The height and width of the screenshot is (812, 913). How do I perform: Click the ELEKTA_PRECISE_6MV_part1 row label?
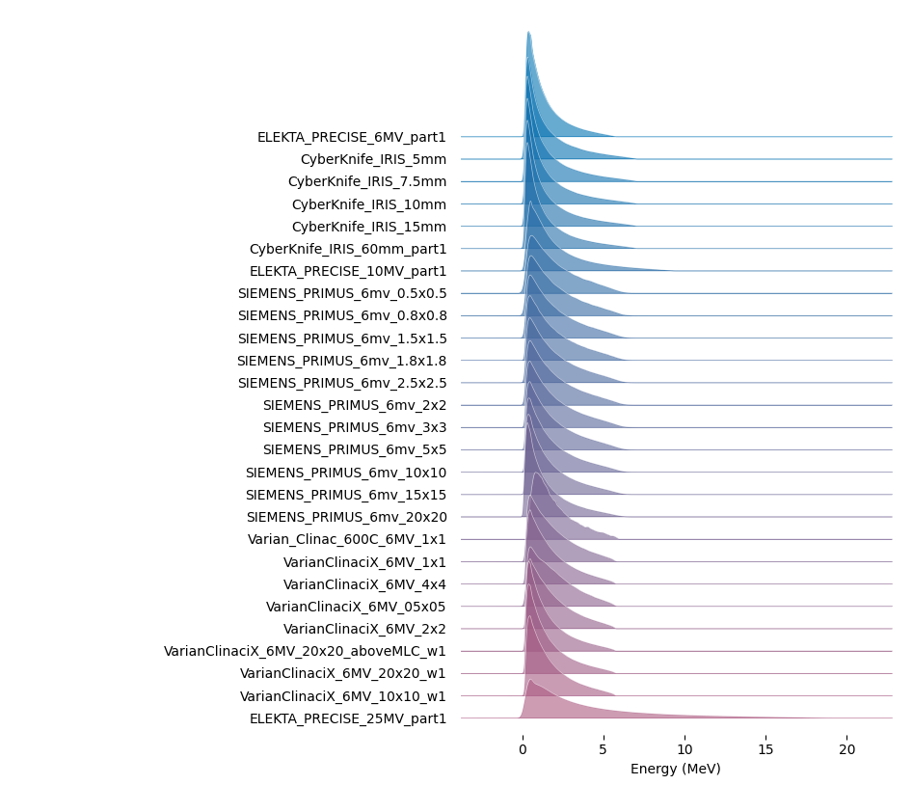pos(351,138)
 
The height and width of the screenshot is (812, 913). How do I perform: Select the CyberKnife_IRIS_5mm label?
pos(373,160)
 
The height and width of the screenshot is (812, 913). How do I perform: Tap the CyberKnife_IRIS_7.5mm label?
pos(366,181)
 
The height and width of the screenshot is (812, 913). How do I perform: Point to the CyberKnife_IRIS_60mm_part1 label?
pos(348,250)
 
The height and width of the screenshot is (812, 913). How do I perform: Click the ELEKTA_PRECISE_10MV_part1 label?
pos(348,271)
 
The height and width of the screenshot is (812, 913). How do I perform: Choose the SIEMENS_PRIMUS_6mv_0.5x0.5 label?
pos(342,293)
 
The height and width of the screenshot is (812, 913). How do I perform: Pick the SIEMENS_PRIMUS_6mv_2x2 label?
pos(355,405)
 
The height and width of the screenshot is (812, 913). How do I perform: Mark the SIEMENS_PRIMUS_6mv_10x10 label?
pos(346,473)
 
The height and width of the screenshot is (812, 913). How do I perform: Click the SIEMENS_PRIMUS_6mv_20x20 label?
pos(346,517)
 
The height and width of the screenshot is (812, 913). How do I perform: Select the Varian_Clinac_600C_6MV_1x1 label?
pos(346,539)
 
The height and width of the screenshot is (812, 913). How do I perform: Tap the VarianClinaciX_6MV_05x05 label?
pos(356,607)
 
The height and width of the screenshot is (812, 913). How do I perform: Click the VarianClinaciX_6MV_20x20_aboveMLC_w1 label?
pos(305,651)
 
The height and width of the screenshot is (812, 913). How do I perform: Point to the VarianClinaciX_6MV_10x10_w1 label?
pos(342,696)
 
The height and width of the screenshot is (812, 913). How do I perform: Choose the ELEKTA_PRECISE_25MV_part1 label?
pos(348,718)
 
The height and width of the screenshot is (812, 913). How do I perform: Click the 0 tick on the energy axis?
pos(523,749)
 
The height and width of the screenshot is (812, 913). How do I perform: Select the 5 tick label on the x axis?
pos(604,749)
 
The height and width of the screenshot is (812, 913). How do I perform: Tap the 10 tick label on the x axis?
pos(685,749)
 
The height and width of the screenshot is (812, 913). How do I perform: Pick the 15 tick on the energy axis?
pos(765,749)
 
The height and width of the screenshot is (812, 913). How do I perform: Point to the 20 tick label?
pos(847,749)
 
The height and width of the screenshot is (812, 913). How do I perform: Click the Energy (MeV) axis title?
pos(676,769)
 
